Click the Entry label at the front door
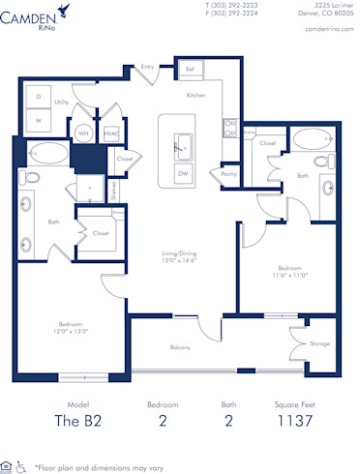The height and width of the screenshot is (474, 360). point(147,67)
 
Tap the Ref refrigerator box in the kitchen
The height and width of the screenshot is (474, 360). point(190,71)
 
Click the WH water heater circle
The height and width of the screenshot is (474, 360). point(84,133)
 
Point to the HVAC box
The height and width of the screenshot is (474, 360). point(111,133)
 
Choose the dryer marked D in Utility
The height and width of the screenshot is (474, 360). point(39,98)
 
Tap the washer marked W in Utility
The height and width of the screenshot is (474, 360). point(39,121)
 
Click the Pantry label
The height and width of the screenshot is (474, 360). point(228,175)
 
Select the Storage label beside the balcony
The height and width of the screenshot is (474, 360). point(319,343)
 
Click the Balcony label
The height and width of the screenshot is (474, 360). point(180,347)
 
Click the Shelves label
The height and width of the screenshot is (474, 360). point(111,194)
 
